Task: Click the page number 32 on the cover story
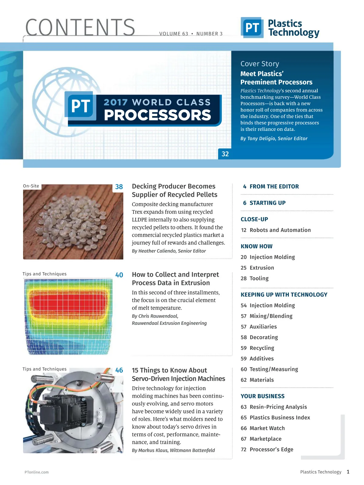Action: (x=225, y=154)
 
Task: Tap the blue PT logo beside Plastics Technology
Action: (x=252, y=28)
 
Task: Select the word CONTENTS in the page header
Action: (x=80, y=27)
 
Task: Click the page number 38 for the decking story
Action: (x=119, y=187)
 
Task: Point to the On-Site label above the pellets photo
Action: (x=31, y=186)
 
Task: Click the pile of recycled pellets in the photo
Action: (x=73, y=218)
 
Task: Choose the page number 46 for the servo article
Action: (x=119, y=370)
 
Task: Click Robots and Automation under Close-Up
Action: (x=280, y=230)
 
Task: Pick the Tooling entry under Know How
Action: (x=259, y=278)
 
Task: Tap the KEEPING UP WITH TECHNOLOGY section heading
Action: (x=284, y=295)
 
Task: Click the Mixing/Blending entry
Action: (x=271, y=316)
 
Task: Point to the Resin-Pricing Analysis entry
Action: (x=278, y=407)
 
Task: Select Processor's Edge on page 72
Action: (x=271, y=449)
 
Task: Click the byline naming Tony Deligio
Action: (x=274, y=139)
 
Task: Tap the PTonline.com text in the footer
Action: (x=37, y=472)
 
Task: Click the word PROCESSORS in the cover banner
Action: (x=157, y=115)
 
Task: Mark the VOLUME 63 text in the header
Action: (x=174, y=34)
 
